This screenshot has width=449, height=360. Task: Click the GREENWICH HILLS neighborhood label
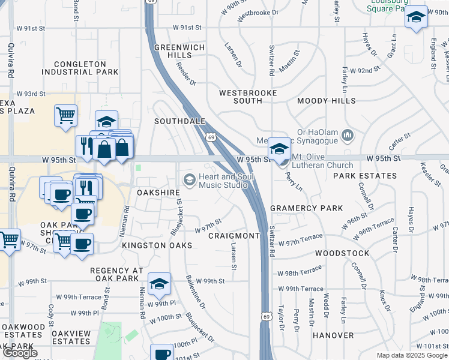[x=179, y=51]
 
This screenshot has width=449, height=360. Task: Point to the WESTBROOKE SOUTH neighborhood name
[x=248, y=97]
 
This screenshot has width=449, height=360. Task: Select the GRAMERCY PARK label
[x=306, y=208]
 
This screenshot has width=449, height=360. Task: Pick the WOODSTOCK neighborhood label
[x=333, y=254]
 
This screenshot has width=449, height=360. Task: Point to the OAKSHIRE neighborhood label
[x=158, y=193]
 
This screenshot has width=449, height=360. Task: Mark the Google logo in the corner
[x=20, y=353]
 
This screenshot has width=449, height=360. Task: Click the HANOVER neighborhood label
[x=333, y=335]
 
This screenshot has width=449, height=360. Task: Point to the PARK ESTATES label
[x=365, y=176]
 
